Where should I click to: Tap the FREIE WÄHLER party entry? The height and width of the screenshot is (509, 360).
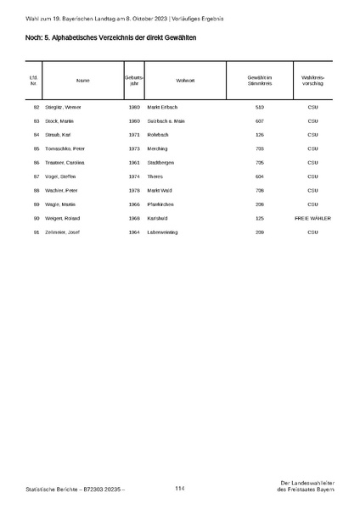(x=312, y=218)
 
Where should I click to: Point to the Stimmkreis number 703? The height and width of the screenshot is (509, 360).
(x=259, y=148)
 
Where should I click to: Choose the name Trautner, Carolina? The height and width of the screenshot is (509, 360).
(x=70, y=163)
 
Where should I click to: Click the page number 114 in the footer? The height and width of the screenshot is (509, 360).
(x=180, y=489)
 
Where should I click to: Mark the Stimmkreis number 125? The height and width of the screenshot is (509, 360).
(x=259, y=218)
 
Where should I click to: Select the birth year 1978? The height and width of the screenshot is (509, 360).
(x=133, y=190)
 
